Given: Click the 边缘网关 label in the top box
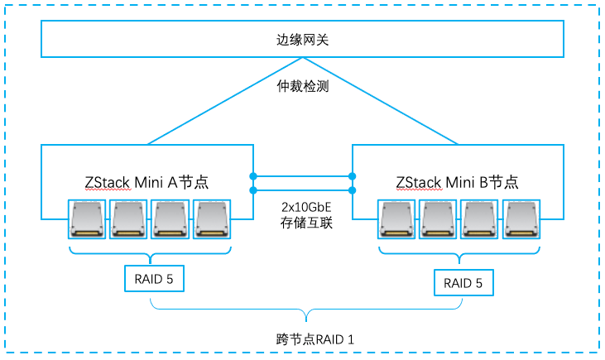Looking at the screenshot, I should point(302,40).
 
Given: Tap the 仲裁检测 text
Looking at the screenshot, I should point(302,85).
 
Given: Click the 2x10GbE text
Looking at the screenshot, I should point(302,205).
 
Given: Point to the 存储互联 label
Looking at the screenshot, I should point(302,222).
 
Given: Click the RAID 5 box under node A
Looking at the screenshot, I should point(153,278).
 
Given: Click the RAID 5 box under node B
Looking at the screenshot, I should point(463,283).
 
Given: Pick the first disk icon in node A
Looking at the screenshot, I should point(90,219).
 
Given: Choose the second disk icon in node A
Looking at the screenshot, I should point(131,219).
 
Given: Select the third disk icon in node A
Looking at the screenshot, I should point(172,219).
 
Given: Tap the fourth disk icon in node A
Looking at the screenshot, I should point(214,219).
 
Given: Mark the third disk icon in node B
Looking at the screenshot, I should point(482,219).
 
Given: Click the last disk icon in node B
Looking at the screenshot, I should point(522,219).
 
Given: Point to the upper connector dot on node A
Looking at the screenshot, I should point(253,175).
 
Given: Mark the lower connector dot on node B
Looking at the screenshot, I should point(353,190).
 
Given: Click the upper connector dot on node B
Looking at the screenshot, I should point(353,175).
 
